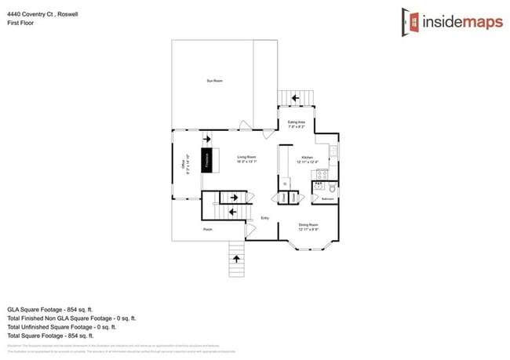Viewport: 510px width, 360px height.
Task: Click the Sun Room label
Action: tap(212, 81)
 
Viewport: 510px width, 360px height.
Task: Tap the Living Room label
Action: tap(247, 157)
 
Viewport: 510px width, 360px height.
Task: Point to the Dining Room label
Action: tap(308, 225)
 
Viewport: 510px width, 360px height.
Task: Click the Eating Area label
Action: tap(296, 122)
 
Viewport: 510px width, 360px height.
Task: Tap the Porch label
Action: tap(208, 229)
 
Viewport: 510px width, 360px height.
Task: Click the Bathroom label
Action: tap(328, 199)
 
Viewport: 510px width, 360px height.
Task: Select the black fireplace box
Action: tap(209, 159)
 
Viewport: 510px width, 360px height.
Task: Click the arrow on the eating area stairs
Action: tap(295, 98)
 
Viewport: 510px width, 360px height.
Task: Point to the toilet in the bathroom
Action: tap(332, 189)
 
